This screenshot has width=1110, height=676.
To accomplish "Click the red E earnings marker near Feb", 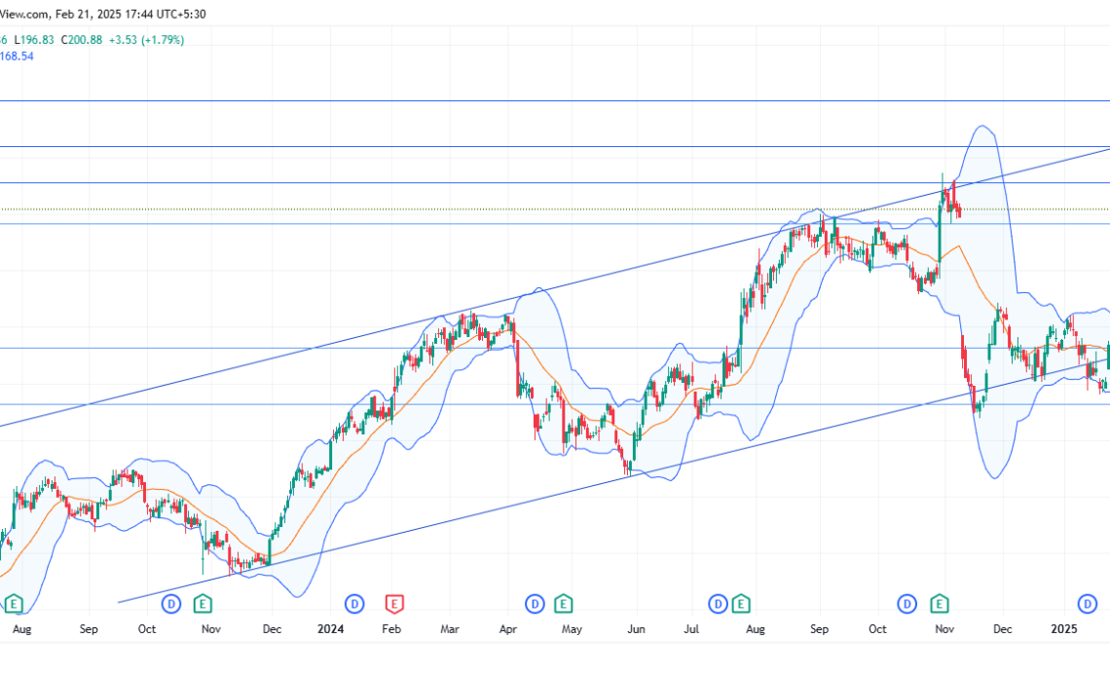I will point(394,604).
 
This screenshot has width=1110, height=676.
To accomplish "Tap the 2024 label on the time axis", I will point(332,629).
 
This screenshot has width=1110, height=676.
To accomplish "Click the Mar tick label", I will point(449,629).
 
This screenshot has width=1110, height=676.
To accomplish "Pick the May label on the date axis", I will point(572,629).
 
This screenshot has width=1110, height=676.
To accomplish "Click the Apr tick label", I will point(508,629).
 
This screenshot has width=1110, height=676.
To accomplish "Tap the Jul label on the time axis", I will point(692,629).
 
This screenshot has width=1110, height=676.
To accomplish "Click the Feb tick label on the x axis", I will point(391,629).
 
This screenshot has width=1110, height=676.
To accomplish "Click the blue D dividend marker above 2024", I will point(354,604).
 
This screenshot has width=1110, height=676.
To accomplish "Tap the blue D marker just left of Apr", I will point(535,604).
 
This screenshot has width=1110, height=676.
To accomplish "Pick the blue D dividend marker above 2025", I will point(1087,604).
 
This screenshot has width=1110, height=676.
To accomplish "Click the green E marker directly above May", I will point(563,604).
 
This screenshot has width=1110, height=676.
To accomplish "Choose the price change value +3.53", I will point(122,40).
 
